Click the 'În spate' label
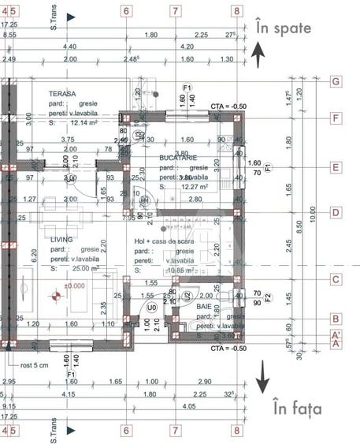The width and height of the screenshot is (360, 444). click(284, 28)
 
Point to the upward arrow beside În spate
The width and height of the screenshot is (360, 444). click(258, 55)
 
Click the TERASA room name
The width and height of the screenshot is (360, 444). click(62, 94)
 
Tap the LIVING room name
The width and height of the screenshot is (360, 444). click(63, 238)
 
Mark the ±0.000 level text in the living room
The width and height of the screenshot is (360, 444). click(76, 285)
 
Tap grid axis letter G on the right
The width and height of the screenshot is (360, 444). click(336, 81)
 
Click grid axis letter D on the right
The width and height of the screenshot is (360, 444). click(336, 212)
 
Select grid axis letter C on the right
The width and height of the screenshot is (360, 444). click(336, 278)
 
